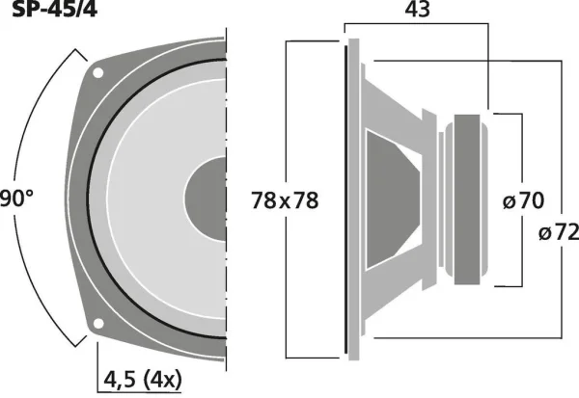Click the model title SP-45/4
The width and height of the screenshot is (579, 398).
(55, 9)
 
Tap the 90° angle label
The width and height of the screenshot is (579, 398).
(16, 199)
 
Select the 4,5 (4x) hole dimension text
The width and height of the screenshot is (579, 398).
(143, 380)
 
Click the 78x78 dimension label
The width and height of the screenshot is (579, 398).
(285, 200)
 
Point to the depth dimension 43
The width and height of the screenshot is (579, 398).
(418, 10)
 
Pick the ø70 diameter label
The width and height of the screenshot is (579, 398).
(523, 201)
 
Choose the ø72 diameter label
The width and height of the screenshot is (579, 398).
(559, 233)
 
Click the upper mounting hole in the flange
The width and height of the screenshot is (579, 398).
(97, 72)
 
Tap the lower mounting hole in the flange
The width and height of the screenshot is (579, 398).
(98, 324)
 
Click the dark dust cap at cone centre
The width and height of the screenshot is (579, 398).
(206, 199)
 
